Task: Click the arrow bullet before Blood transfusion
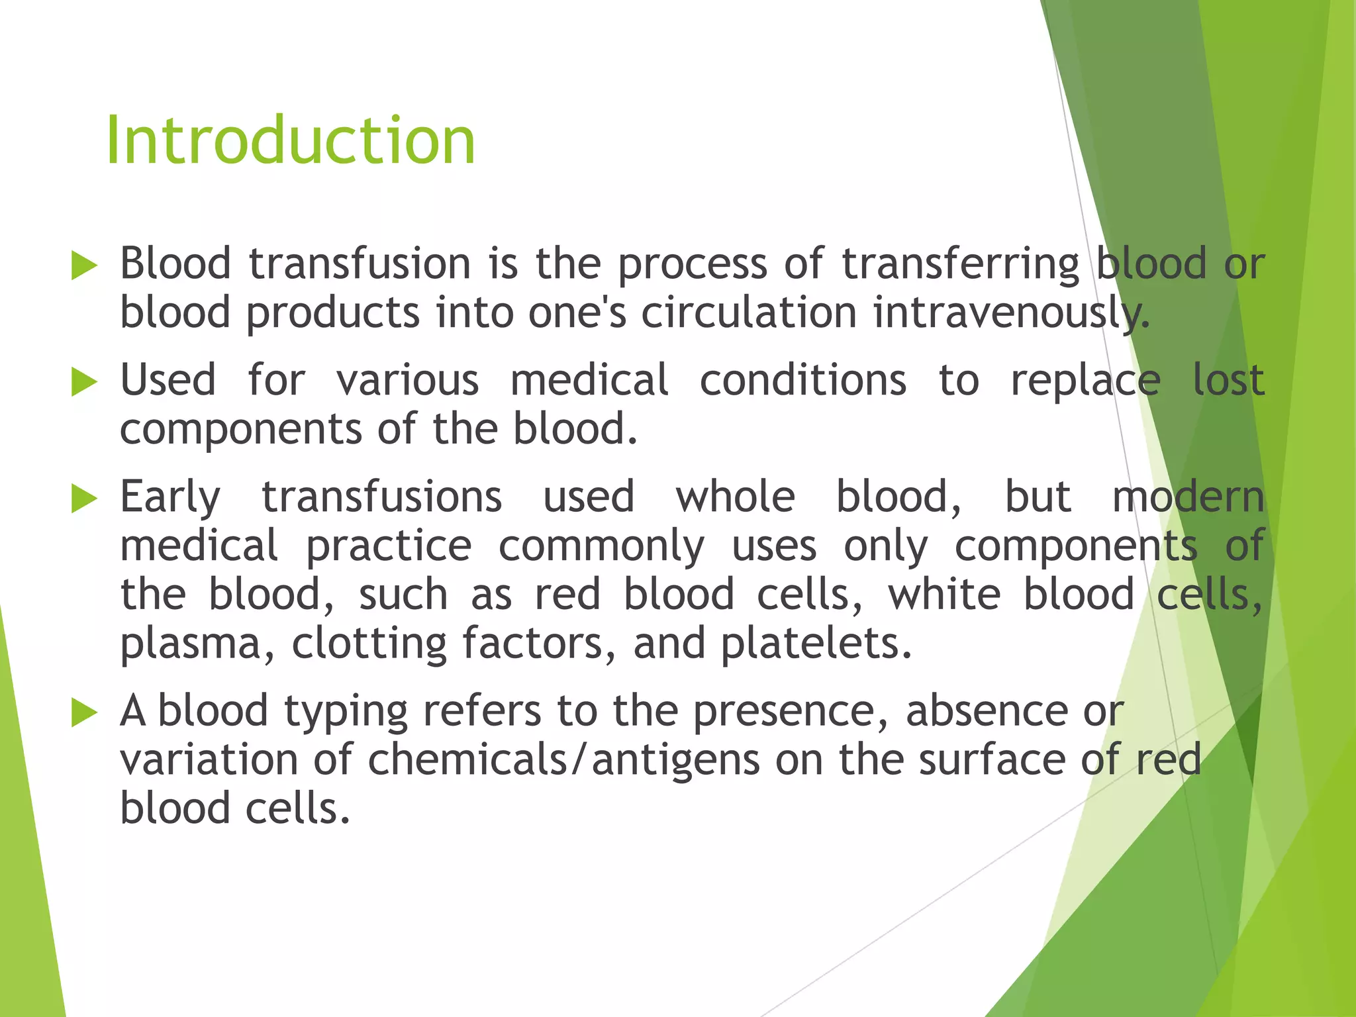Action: pyautogui.click(x=84, y=266)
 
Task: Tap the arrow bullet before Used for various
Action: pyautogui.click(x=84, y=382)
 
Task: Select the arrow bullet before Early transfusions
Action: pyautogui.click(x=84, y=499)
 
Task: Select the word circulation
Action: pyautogui.click(x=748, y=313)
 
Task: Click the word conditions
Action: pyautogui.click(x=802, y=381)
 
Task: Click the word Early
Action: pyautogui.click(x=170, y=498)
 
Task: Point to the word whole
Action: pyautogui.click(x=735, y=497)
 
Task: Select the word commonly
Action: pyautogui.click(x=601, y=547)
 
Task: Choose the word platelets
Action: pyautogui.click(x=816, y=644)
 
